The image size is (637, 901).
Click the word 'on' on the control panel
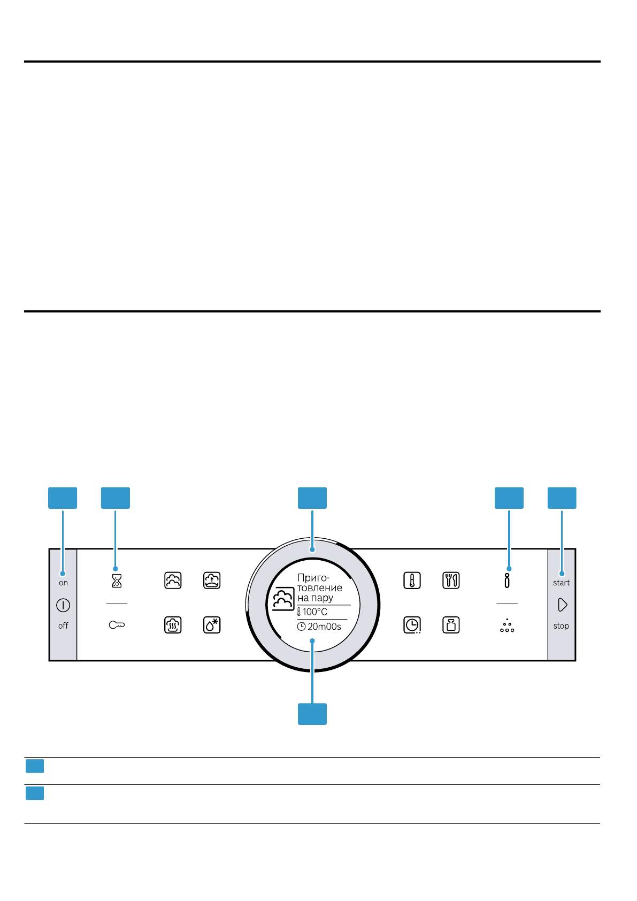click(x=63, y=583)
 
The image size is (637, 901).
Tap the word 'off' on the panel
click(x=63, y=625)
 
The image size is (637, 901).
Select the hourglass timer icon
click(x=117, y=581)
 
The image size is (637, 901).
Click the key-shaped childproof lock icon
click(x=117, y=625)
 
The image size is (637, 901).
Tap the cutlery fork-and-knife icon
click(x=451, y=581)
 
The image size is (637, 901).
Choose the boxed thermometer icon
click(x=412, y=581)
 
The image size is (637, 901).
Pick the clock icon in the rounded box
click(x=412, y=625)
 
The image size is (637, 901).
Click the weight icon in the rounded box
click(x=451, y=625)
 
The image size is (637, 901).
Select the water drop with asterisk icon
click(x=212, y=625)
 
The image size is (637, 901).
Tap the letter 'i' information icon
click(x=507, y=581)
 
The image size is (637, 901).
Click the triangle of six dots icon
click(x=507, y=626)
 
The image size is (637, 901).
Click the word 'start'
click(x=561, y=583)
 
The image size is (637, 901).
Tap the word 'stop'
click(x=561, y=626)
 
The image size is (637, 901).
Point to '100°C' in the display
click(x=315, y=612)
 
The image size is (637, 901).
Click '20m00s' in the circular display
click(x=324, y=627)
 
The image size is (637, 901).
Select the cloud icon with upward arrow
click(x=212, y=581)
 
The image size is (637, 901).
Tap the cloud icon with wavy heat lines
click(x=173, y=625)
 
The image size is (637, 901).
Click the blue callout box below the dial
click(x=312, y=714)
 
